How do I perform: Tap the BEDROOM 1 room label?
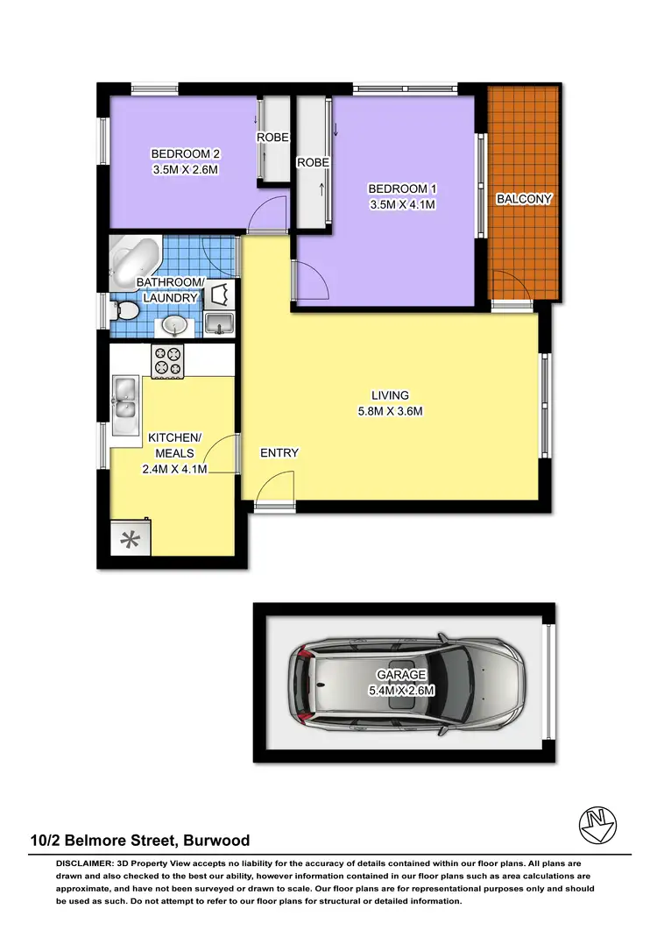[401, 189]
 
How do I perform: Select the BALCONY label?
[524, 199]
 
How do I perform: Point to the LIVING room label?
[389, 395]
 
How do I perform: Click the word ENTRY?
[279, 453]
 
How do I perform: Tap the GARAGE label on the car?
[402, 675]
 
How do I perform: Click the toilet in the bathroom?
[125, 310]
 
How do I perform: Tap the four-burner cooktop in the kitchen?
[167, 361]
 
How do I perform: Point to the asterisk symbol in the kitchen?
[129, 539]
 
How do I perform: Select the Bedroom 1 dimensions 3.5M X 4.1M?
[401, 205]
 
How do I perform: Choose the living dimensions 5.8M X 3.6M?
[389, 411]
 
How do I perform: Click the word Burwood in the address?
[216, 841]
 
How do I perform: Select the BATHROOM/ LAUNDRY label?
[169, 289]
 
